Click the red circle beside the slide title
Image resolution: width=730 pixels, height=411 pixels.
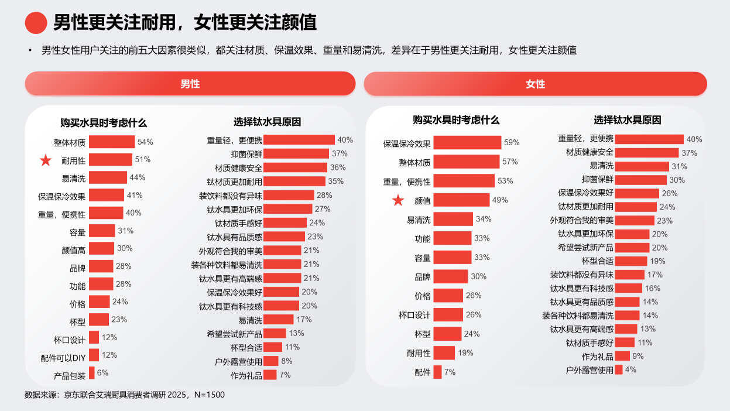36,22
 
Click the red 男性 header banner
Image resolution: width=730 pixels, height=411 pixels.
190,84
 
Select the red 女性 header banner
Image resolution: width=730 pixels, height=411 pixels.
535,84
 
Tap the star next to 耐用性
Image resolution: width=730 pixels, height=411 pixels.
45,160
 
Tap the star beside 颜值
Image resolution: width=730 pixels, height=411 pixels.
398,201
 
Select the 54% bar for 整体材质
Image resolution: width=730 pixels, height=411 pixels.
111,142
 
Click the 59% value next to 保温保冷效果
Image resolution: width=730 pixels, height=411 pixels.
512,143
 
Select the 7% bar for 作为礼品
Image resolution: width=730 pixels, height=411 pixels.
270,375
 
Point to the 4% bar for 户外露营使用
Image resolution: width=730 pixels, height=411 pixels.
618,370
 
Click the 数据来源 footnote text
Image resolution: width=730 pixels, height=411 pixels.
125,395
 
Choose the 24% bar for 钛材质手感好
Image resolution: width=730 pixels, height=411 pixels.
285,223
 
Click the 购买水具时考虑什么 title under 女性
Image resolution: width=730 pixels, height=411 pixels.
456,120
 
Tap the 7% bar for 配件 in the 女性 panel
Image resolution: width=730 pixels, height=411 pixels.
437,372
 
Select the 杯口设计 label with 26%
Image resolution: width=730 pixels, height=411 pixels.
414,315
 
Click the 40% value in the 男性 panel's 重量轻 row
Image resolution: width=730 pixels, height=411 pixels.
345,140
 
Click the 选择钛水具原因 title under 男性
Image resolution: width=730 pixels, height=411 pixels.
267,122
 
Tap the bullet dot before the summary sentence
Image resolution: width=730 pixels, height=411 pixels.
29,50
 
